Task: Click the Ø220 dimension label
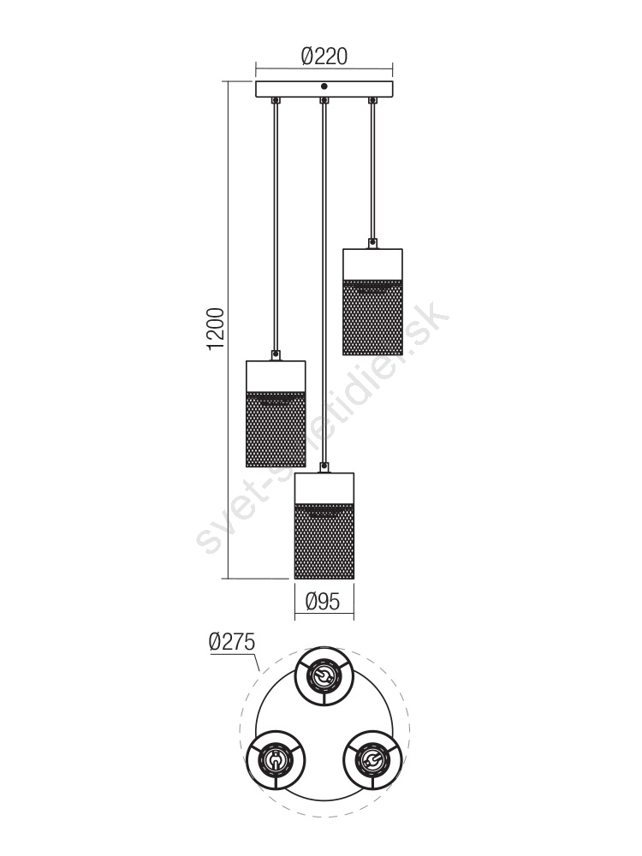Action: coord(324,56)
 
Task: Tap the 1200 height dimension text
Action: coord(217,330)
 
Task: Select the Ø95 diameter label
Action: coord(323,602)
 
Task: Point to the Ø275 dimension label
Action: coord(232,641)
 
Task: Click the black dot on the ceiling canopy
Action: coord(324,86)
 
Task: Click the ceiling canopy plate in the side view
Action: coord(324,90)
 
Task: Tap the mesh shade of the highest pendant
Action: coord(373,318)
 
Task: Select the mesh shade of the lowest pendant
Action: coord(324,542)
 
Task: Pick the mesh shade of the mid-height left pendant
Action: coord(276,430)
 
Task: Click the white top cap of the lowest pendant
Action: coord(324,489)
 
